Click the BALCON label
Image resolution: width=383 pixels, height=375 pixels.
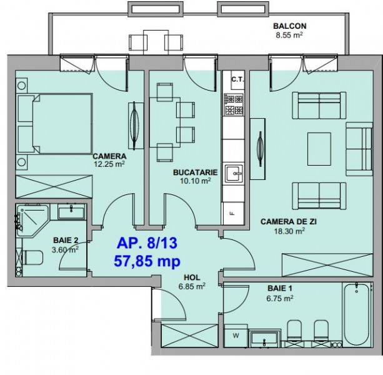click(289, 26)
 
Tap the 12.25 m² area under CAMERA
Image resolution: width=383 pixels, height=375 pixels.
click(109, 164)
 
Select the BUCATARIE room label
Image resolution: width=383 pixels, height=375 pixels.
click(195, 172)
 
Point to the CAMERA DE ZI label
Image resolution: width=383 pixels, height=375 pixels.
click(289, 222)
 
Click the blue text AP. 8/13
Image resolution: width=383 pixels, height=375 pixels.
click(147, 243)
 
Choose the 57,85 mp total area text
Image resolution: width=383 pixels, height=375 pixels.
click(147, 261)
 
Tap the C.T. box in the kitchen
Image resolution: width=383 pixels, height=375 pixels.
click(237, 79)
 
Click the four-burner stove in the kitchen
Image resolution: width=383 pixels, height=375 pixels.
click(234, 105)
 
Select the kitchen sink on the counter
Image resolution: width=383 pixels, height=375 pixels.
click(234, 173)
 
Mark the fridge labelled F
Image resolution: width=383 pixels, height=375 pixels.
click(233, 214)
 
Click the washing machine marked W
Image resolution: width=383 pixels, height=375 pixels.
click(236, 336)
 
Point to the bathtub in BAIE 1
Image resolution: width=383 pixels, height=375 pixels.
click(357, 314)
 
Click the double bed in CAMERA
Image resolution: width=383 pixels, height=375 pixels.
click(55, 124)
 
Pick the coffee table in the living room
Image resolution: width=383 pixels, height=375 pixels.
click(319, 149)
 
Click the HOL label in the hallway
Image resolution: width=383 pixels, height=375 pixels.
click(192, 277)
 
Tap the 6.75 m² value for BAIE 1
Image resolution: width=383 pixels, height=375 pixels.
click(280, 298)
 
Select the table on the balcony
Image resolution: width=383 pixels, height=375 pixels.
click(156, 42)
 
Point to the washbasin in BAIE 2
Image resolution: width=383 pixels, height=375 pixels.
click(71, 212)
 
